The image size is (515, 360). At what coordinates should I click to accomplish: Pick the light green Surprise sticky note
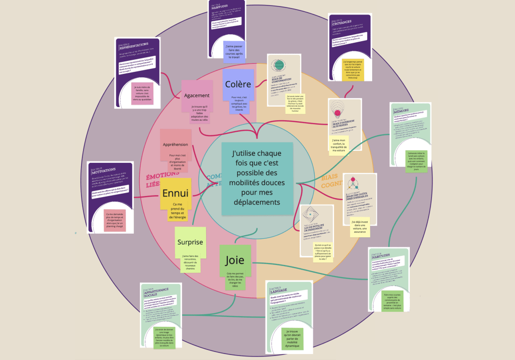[x=190, y=248]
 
